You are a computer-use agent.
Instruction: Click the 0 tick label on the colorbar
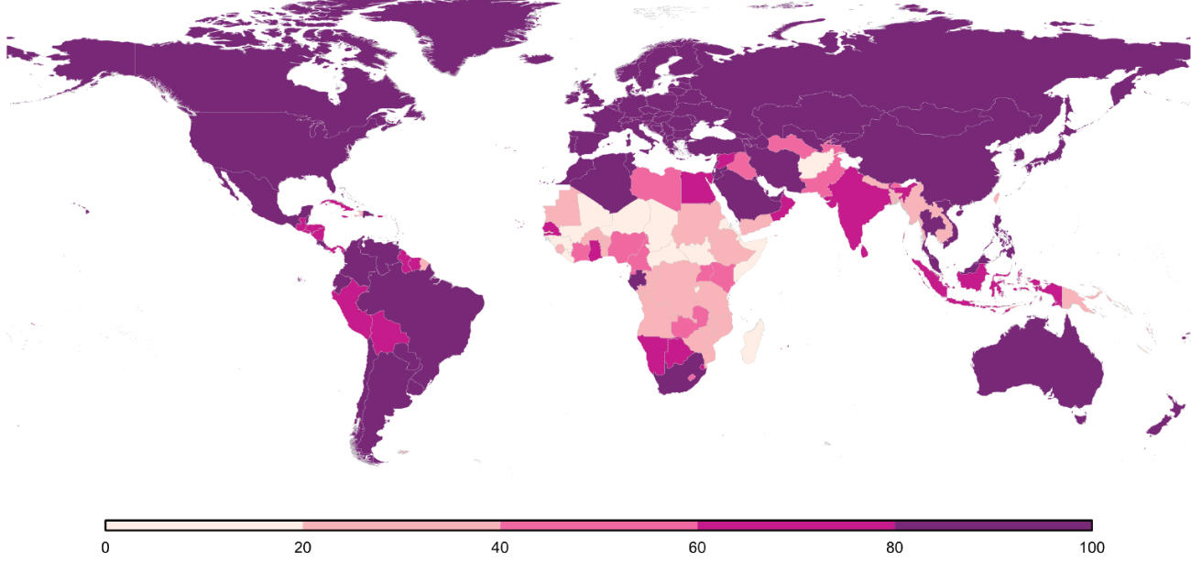105,547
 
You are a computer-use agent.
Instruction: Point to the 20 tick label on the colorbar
302,547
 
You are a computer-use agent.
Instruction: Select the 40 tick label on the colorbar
500,547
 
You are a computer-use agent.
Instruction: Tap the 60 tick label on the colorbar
697,547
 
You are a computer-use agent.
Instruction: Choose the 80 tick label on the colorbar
895,547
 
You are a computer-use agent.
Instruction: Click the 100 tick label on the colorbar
1091,547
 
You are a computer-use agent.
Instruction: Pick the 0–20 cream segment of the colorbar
204,525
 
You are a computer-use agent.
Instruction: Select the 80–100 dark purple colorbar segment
993,525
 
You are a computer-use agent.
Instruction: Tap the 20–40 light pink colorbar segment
401,525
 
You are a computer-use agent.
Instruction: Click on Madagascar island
753,340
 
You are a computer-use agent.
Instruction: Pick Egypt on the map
698,190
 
